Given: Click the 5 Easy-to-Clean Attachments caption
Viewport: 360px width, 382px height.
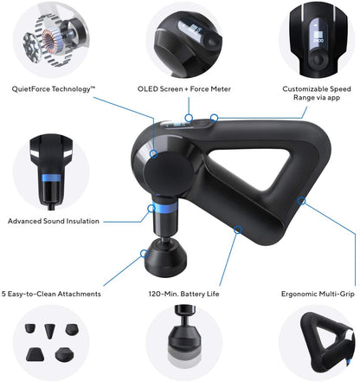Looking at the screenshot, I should [x=53, y=294].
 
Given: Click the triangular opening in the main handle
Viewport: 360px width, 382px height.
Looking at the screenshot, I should [x=260, y=173].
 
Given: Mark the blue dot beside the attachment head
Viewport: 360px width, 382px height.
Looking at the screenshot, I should [x=143, y=253].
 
